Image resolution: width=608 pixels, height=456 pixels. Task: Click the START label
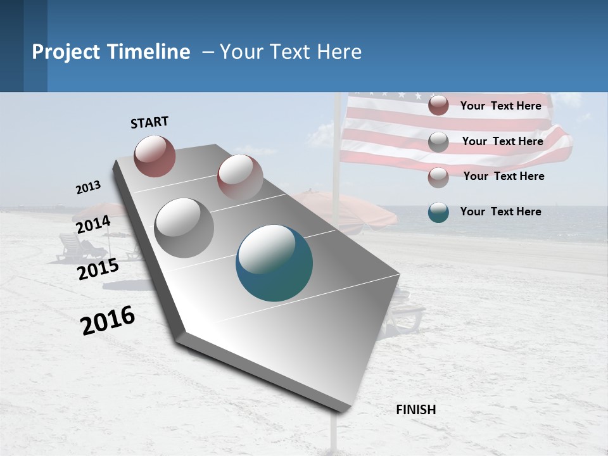[149, 122]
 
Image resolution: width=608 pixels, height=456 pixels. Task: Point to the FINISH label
[415, 410]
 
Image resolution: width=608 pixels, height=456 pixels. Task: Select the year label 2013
[88, 187]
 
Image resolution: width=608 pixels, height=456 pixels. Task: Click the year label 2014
[92, 225]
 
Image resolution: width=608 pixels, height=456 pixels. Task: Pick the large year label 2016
[108, 321]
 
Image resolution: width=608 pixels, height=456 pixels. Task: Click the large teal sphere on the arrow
[274, 263]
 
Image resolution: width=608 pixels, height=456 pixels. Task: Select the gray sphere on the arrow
[184, 227]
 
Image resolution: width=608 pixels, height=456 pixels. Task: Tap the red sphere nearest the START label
[155, 156]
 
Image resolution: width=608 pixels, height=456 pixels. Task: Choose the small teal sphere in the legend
[438, 212]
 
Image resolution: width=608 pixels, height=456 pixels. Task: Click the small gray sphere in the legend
[438, 142]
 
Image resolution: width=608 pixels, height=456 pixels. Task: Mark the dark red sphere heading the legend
[438, 106]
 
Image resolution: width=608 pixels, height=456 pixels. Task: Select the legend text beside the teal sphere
[500, 212]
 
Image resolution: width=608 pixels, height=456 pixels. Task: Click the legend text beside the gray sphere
[502, 141]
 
